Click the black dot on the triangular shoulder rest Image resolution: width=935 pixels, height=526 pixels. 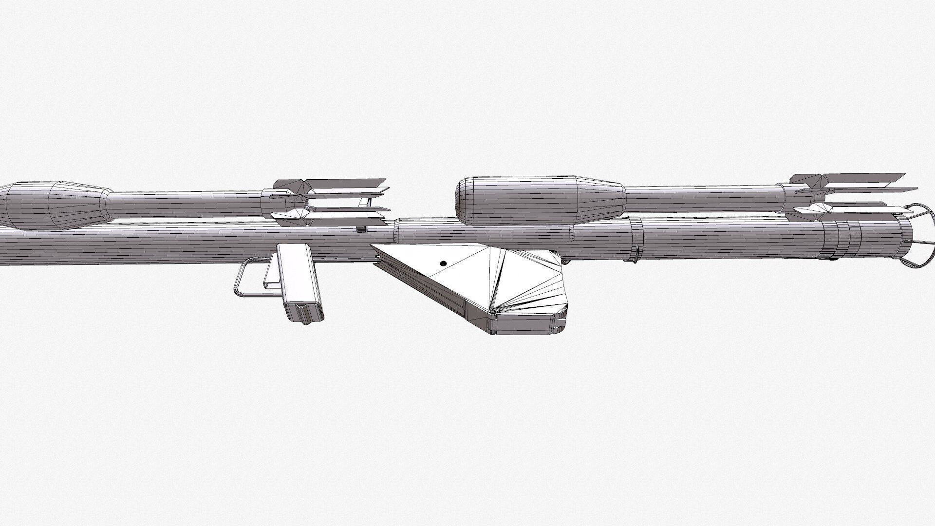[x=443, y=263]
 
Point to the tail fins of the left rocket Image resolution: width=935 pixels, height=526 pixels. [x=331, y=201]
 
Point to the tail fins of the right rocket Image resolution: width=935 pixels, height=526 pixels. [x=847, y=197]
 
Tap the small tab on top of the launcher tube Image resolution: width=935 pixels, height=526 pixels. [x=361, y=229]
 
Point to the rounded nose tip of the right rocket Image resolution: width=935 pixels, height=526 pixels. [x=460, y=200]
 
